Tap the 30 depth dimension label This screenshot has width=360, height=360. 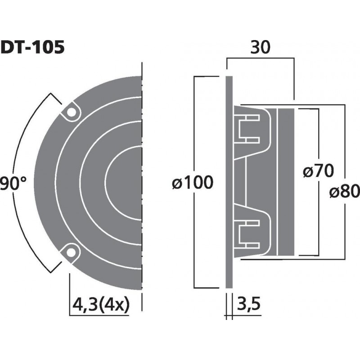click(x=260, y=48)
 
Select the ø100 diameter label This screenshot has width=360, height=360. click(x=192, y=183)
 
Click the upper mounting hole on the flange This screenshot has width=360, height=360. click(x=71, y=112)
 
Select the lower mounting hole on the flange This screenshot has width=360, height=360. click(x=71, y=252)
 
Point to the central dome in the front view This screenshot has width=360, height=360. click(x=128, y=182)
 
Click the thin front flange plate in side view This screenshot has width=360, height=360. click(x=229, y=182)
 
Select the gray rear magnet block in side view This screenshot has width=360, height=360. click(x=286, y=182)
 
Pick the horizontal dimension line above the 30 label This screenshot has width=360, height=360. click(x=260, y=58)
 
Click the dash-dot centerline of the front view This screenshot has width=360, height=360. click(x=142, y=182)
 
